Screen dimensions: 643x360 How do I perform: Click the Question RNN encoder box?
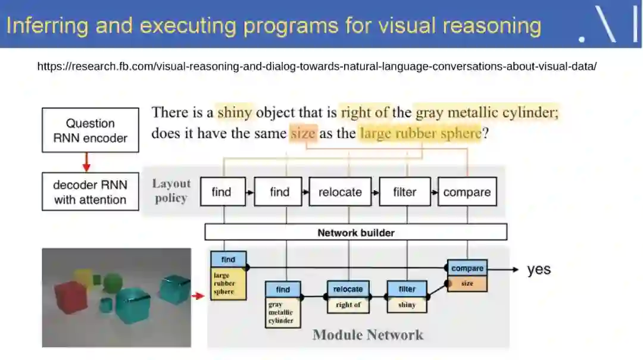[x=89, y=130]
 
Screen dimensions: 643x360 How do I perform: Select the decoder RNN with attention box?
[x=89, y=192]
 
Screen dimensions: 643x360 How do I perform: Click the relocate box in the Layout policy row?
[x=339, y=192]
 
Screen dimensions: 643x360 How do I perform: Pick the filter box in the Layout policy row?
[x=405, y=192]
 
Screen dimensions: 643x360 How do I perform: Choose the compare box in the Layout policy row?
[x=467, y=192]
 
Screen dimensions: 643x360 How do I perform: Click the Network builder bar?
[x=355, y=232]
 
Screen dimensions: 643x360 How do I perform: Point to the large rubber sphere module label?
[x=228, y=284]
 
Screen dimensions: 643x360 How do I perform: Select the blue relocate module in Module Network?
[x=348, y=289]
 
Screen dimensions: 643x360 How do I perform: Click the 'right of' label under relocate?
[x=348, y=305]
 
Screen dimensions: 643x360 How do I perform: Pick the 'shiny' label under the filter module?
[x=407, y=305]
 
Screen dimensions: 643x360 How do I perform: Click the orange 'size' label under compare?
[x=467, y=284]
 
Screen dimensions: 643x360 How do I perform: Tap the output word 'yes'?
[x=539, y=270]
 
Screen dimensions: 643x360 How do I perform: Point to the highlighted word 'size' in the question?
[x=303, y=133]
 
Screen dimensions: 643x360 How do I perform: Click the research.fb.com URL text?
[x=317, y=66]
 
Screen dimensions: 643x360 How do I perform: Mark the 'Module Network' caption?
[x=367, y=334]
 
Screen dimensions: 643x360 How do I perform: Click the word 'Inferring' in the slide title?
[x=46, y=26]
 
